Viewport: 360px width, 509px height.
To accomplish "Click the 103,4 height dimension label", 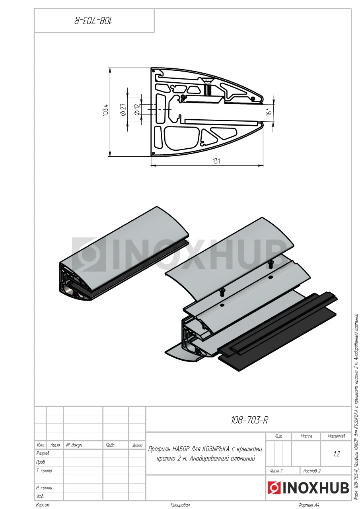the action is click(106, 109).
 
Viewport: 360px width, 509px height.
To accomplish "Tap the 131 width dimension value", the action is click(216, 161).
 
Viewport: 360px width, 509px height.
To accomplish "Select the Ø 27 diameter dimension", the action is click(123, 109).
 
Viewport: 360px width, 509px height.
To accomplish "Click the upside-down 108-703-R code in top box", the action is click(93, 21).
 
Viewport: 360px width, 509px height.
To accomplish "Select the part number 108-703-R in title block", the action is click(249, 420).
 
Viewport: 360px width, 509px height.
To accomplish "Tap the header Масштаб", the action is click(336, 436).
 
